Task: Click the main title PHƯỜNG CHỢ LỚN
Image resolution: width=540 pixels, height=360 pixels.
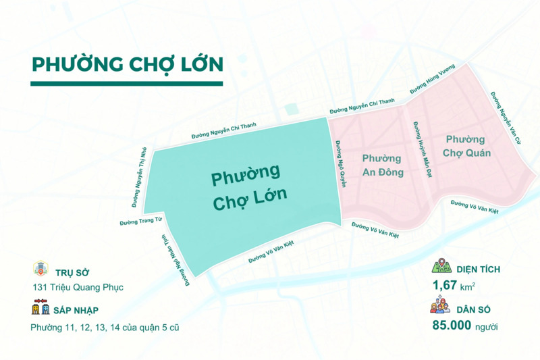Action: [x=127, y=63]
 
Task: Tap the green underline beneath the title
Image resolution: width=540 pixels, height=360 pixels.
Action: [x=127, y=84]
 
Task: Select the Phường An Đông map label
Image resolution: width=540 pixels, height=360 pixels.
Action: [x=382, y=165]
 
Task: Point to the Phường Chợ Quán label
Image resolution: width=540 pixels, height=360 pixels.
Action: [x=466, y=146]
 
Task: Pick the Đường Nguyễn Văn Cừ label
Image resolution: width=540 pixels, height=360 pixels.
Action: [x=507, y=119]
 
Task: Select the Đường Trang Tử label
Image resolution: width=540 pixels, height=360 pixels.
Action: [x=141, y=222]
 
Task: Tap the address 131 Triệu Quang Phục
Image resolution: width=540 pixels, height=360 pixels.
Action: [x=78, y=287]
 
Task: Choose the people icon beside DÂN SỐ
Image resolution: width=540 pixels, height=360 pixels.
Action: [x=440, y=307]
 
